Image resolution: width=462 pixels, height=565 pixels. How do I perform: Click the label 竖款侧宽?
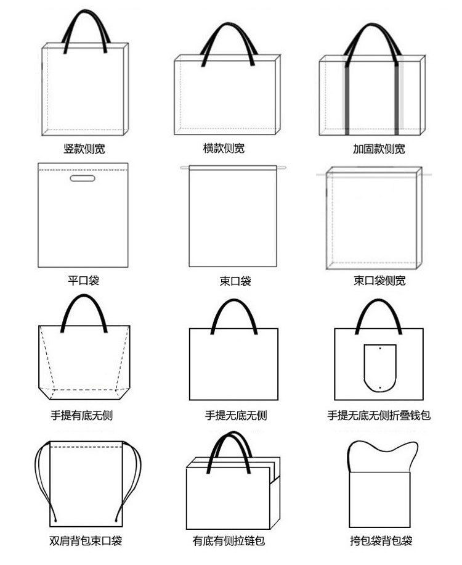pyautogui.click(x=84, y=149)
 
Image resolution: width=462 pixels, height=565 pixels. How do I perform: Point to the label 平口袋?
pyautogui.click(x=83, y=281)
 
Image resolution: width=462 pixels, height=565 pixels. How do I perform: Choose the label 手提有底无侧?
pyautogui.click(x=82, y=415)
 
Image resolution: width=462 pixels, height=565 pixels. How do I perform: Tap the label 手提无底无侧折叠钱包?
pyautogui.click(x=379, y=415)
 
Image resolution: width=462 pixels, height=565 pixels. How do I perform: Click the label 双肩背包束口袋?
pyautogui.click(x=86, y=541)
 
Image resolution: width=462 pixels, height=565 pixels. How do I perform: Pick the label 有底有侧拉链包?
pyautogui.click(x=229, y=541)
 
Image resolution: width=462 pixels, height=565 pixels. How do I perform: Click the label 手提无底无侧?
pyautogui.click(x=236, y=415)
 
